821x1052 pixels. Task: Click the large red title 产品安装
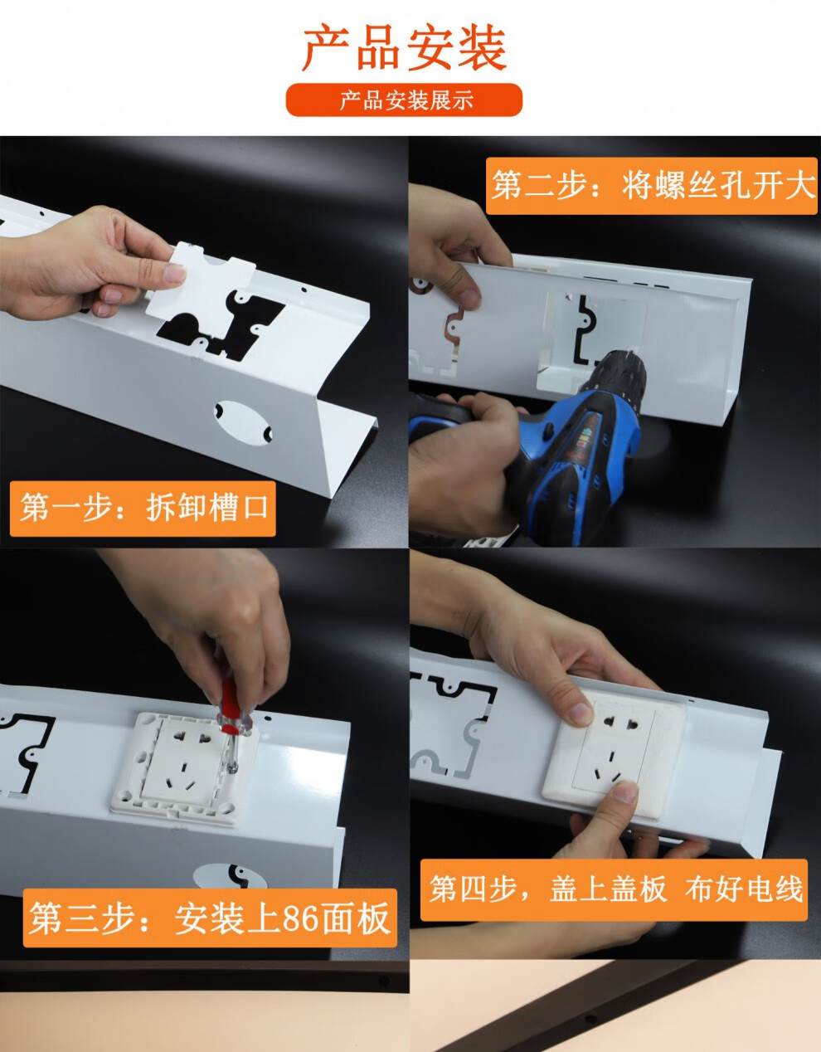404,48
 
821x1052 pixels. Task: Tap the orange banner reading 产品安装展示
405,100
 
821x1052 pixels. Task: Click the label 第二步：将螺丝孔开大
653,185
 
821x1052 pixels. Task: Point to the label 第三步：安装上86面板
210,918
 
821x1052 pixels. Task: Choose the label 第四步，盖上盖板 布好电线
614,889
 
